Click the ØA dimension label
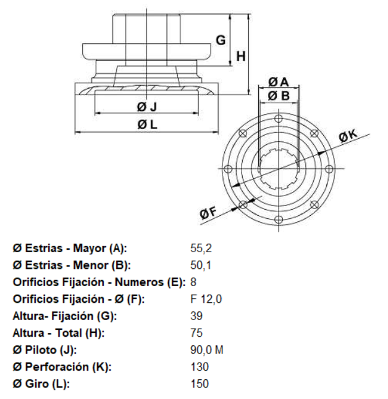(x=279, y=81)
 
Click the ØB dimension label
(x=279, y=96)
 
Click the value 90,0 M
(x=207, y=350)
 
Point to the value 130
(x=200, y=367)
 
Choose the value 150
(x=200, y=384)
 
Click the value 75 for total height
(x=197, y=333)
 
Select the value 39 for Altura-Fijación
(x=197, y=316)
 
